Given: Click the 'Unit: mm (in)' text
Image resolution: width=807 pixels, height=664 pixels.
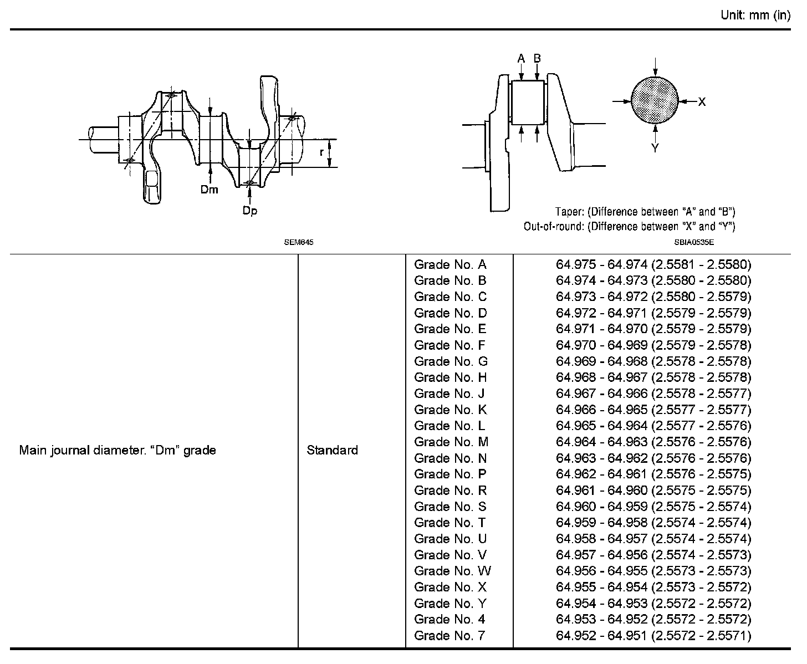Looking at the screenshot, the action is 755,16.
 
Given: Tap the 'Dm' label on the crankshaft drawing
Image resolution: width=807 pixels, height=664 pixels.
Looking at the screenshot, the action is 210,190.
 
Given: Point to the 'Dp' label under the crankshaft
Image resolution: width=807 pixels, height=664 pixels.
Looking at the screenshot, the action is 250,211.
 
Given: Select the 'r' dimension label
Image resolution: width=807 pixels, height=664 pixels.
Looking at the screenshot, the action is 321,152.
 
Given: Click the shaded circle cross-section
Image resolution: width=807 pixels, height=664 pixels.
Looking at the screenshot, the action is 655,101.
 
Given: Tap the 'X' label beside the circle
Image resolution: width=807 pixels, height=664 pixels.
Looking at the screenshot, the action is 702,101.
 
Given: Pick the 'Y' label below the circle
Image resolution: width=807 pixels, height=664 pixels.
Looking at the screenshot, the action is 655,148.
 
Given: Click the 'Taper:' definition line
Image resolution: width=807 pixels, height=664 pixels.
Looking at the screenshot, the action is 645,212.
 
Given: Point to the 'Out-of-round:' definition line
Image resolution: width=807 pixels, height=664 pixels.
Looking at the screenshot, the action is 629,226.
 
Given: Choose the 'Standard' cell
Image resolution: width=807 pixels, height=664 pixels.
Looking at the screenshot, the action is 332,450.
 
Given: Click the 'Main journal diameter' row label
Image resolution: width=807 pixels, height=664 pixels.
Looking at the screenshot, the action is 118,450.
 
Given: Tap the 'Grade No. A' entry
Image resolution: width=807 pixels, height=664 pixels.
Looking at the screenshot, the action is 450,264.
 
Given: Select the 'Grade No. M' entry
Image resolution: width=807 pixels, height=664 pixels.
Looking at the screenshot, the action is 451,442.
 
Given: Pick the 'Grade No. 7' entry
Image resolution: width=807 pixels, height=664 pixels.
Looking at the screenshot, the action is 450,635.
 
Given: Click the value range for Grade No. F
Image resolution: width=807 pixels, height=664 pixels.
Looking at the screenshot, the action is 653,345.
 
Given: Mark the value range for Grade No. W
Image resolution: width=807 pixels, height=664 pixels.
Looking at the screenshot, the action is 653,571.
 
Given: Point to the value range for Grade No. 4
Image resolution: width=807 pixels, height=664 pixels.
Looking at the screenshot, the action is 653,619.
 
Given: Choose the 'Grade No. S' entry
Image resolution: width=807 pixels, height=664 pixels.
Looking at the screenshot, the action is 450,507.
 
